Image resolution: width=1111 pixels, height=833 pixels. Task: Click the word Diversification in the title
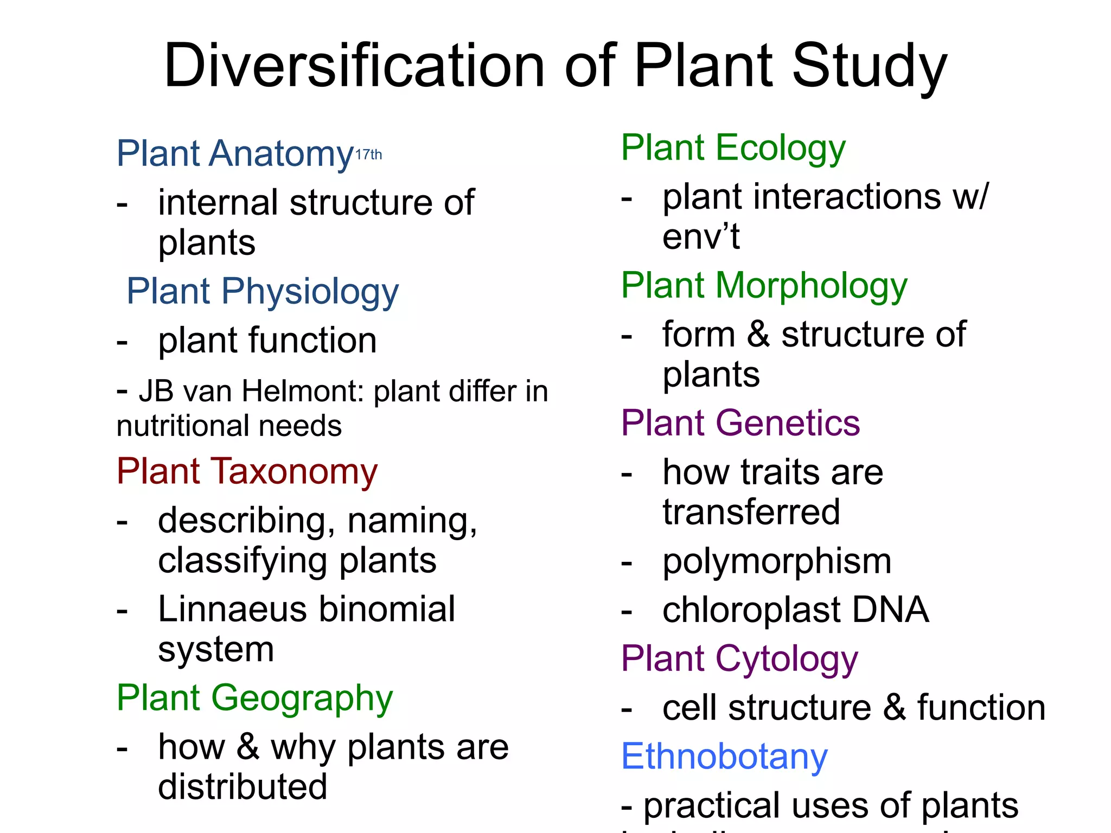pos(354,66)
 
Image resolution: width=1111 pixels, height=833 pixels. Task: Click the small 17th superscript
pos(368,155)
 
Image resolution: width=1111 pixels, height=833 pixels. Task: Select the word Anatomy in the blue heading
pos(282,154)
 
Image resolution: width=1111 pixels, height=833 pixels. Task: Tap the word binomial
pos(387,609)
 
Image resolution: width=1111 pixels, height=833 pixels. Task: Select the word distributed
pos(242,787)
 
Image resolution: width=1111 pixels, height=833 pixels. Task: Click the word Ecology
pos(780,149)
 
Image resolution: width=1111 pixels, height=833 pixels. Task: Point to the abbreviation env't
pos(701,236)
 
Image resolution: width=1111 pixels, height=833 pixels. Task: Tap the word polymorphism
pos(777,561)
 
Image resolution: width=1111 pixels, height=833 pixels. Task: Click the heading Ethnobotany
pos(724,757)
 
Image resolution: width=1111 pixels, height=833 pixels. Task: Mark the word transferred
pos(751,512)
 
